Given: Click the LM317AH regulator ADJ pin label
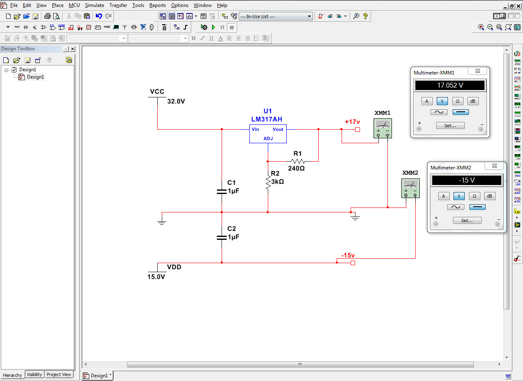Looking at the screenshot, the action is [268, 138].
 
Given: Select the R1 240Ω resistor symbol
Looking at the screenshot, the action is [298, 161].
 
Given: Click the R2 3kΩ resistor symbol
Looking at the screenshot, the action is [268, 183].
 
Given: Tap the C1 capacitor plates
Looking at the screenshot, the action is [222, 192].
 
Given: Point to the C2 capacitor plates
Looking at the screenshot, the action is [222, 237].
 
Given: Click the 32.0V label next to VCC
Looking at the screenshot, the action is [176, 101].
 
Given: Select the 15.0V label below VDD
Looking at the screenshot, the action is [156, 277].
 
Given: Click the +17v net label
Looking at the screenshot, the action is [352, 122].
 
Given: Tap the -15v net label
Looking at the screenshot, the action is [348, 255].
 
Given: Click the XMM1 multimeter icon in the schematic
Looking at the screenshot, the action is [383, 128].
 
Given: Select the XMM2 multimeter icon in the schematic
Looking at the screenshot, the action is [410, 188].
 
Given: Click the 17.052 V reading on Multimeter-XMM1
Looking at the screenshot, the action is [450, 85].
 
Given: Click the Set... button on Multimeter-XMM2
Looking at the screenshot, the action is [467, 221].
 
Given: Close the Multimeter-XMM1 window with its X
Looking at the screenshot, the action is [478, 71].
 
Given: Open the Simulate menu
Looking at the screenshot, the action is [94, 5].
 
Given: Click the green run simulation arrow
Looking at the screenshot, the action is [213, 27].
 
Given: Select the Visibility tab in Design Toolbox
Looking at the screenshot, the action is [34, 374].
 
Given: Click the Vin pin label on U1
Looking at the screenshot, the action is [255, 129].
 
